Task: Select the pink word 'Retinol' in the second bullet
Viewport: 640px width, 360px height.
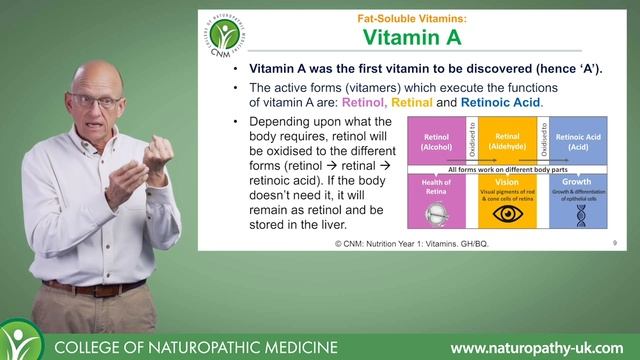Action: click(x=367, y=102)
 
